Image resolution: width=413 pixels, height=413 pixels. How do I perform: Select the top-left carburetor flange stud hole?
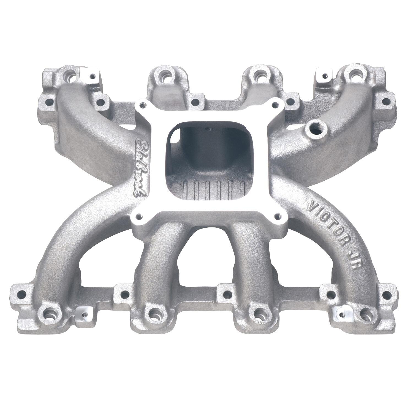tap(143, 105)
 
